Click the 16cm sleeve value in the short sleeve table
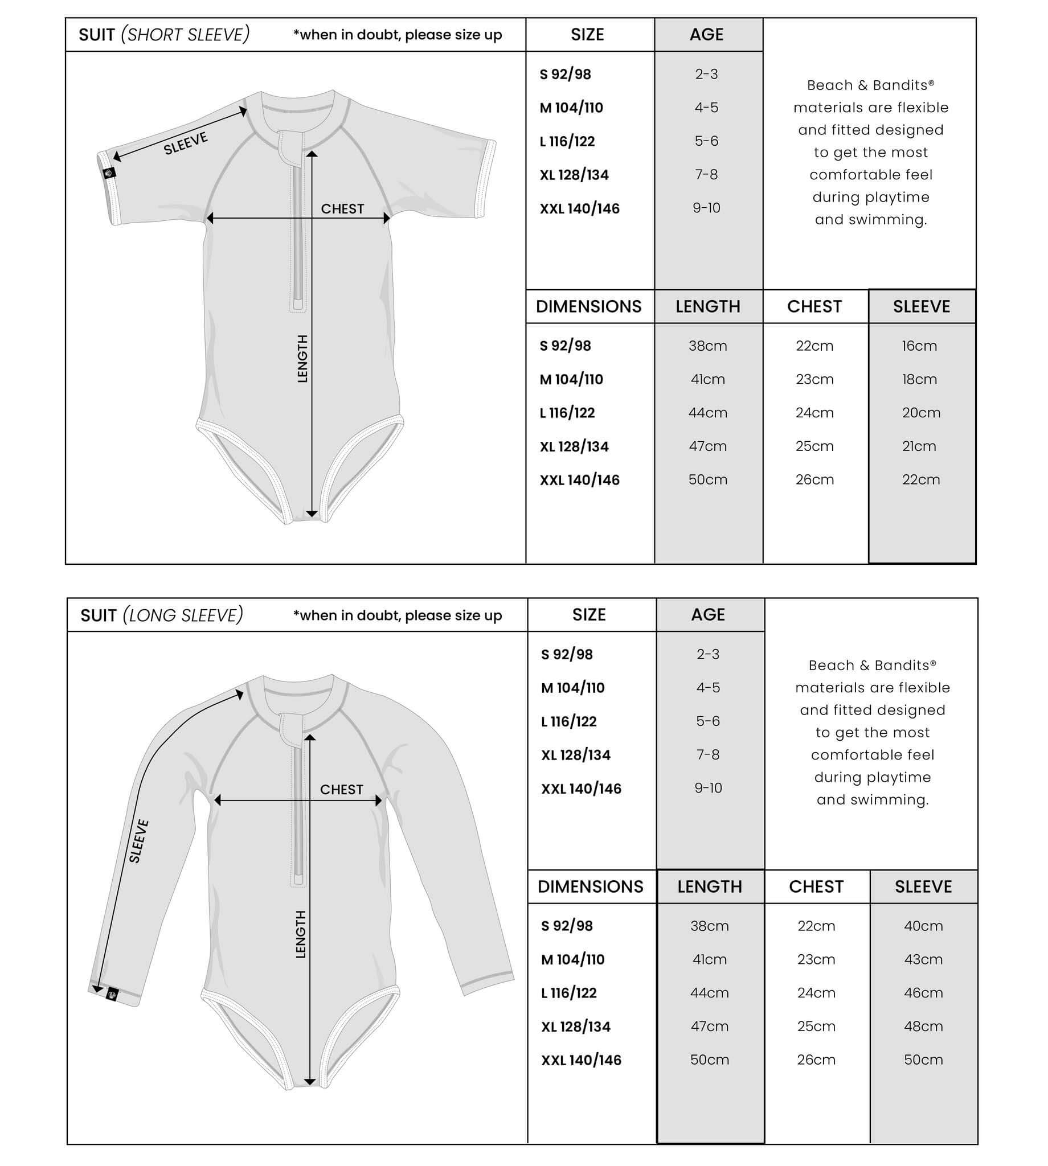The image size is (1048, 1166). [x=919, y=346]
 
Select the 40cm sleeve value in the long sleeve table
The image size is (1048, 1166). [x=923, y=926]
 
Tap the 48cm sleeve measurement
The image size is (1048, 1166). [x=923, y=1026]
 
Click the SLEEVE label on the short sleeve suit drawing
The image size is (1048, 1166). [x=186, y=143]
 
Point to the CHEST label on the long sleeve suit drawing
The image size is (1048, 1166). [x=342, y=789]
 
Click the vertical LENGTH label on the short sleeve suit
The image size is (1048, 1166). [x=303, y=359]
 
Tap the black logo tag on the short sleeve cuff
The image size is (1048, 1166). [x=109, y=173]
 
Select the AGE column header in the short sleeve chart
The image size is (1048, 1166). [x=706, y=35]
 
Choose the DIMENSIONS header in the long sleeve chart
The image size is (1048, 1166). [x=590, y=886]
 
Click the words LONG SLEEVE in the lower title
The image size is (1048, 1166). [x=183, y=615]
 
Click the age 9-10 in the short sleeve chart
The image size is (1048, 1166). [x=706, y=208]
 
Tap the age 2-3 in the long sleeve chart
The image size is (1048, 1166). [x=708, y=654]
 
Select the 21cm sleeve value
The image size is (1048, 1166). [x=919, y=446]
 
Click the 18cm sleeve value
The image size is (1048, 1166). [x=919, y=379]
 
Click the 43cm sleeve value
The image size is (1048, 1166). [x=923, y=959]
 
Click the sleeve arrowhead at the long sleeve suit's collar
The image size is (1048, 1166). [x=239, y=695]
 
